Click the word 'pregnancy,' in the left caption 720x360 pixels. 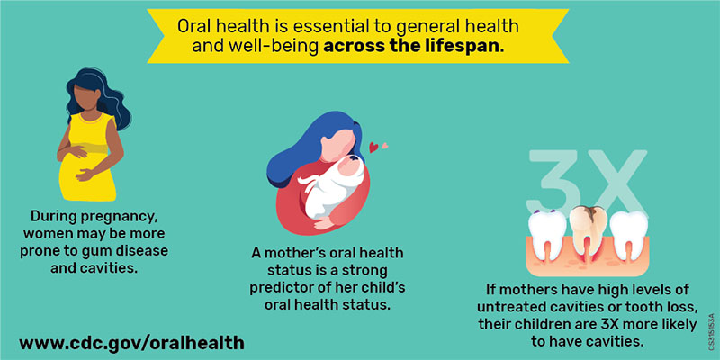click(x=130, y=217)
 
